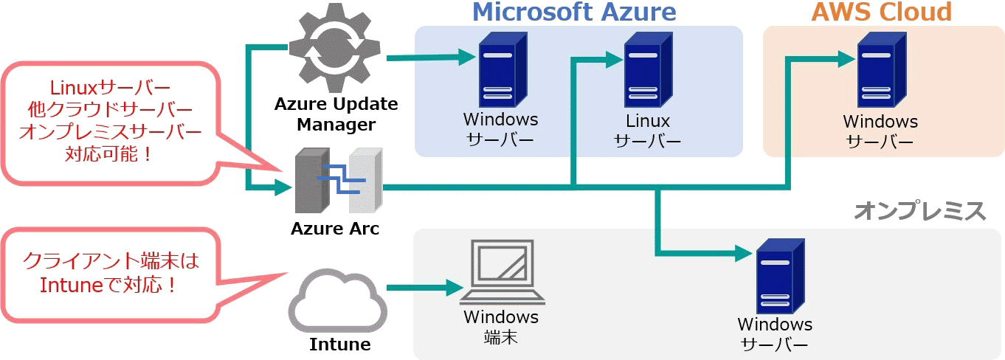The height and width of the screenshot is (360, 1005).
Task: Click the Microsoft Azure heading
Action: (574, 12)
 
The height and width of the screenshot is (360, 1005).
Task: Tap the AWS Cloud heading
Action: (882, 12)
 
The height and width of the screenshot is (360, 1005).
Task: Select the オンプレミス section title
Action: (920, 211)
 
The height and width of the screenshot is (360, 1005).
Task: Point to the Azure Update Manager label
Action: (336, 114)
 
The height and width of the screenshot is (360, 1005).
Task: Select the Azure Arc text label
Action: (335, 229)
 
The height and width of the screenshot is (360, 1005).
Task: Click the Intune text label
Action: (339, 344)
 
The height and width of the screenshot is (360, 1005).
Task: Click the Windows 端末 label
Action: (501, 327)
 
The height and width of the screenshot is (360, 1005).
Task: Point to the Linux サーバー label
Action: (647, 131)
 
